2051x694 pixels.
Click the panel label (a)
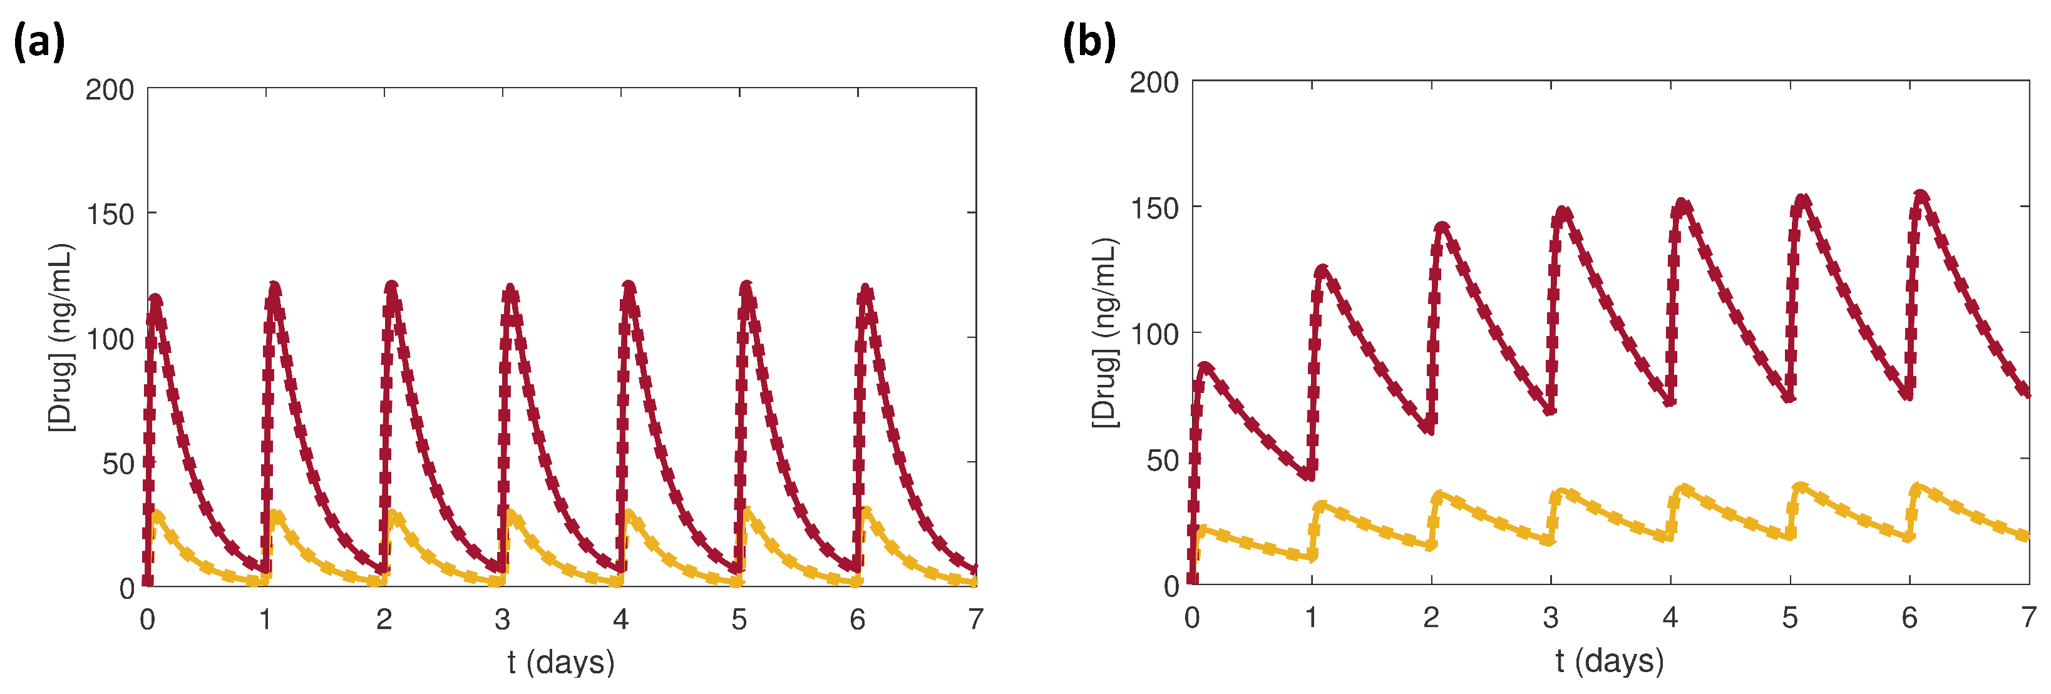(39, 42)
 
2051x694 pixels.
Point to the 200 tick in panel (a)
(110, 90)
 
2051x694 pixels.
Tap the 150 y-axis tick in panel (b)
(1154, 208)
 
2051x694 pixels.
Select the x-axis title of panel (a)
(562, 661)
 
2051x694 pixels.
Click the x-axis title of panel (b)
(1610, 660)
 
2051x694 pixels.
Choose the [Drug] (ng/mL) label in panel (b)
(1105, 333)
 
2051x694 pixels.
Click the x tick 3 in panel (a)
(502, 619)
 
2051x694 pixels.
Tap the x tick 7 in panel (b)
(2028, 617)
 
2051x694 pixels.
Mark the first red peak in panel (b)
(1205, 367)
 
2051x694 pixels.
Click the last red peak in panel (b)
(1921, 195)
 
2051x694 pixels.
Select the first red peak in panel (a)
(155, 300)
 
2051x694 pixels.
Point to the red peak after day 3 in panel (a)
(510, 289)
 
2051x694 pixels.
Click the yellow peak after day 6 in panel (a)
(865, 511)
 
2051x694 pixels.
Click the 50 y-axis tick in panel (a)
(118, 464)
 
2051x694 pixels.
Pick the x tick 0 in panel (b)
(1192, 617)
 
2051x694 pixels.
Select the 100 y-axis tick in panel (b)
(1154, 334)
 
